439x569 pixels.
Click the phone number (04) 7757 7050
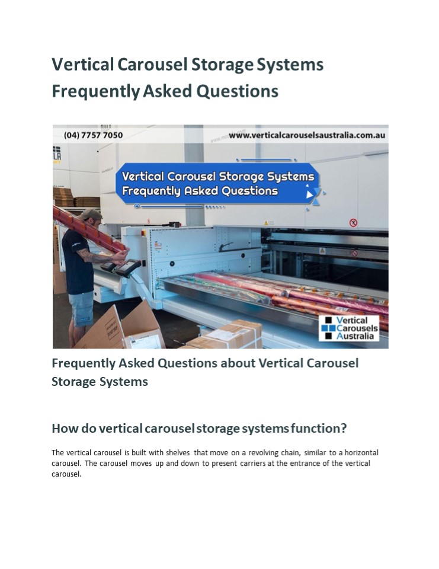pos(94,135)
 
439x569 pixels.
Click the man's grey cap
pos(91,214)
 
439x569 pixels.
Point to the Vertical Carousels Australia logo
pos(349,328)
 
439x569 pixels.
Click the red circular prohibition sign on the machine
pos(354,223)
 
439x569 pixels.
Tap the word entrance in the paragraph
pos(310,463)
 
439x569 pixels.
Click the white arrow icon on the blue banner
pos(309,193)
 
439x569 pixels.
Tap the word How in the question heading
pos(63,428)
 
